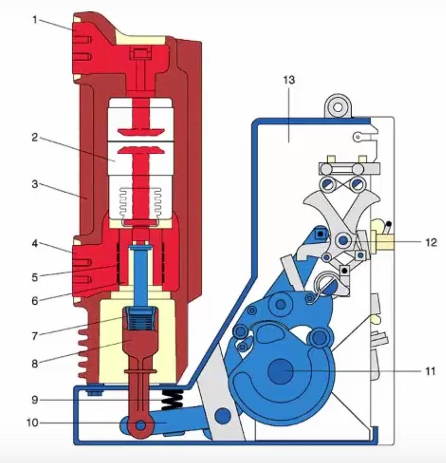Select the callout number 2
click(34, 137)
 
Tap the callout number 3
click(35, 185)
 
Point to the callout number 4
click(34, 245)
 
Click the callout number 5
click(35, 275)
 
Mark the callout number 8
click(35, 362)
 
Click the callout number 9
click(34, 399)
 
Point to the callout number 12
click(431, 242)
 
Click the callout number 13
click(289, 80)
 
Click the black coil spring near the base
click(172, 399)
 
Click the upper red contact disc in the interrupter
click(140, 132)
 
